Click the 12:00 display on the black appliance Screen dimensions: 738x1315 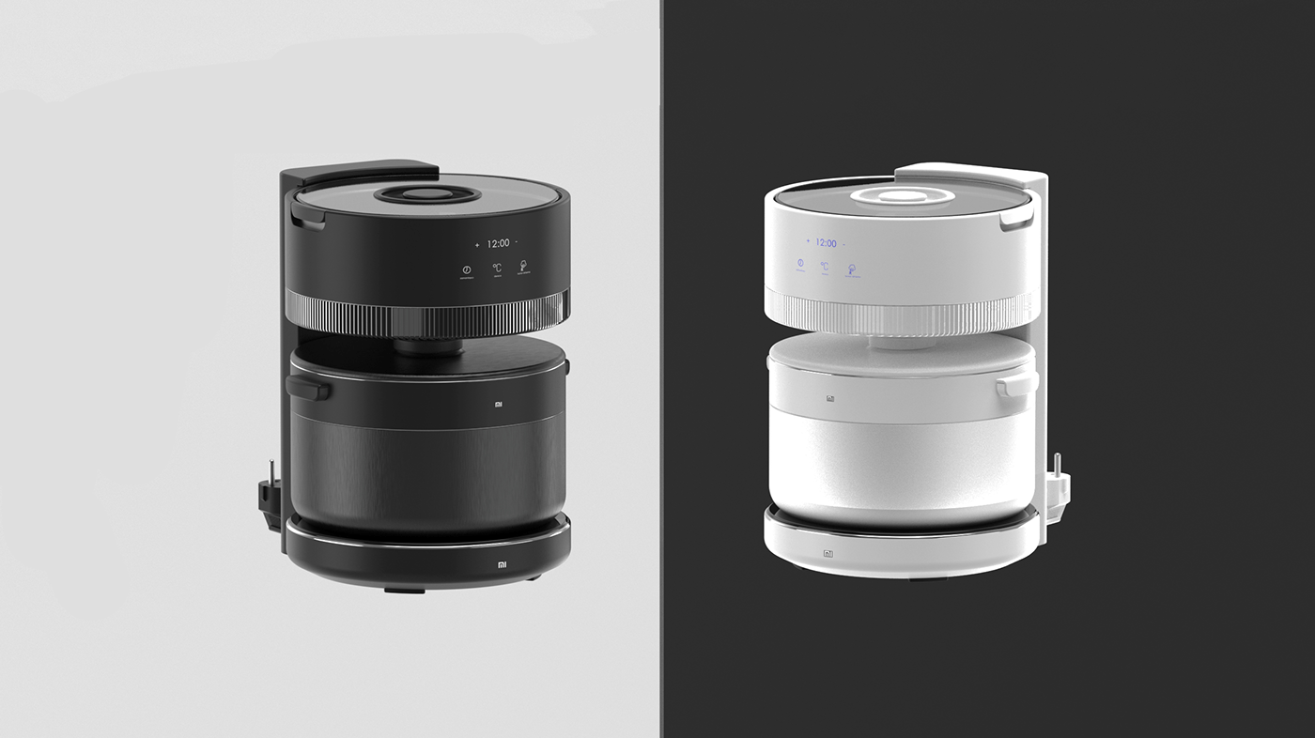[x=498, y=243]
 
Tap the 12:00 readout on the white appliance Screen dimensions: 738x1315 [x=826, y=243]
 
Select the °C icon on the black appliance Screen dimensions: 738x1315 [x=497, y=268]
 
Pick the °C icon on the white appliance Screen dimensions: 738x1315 [x=825, y=267]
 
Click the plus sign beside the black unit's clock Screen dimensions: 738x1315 [x=477, y=244]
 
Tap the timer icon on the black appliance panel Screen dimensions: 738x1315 [x=466, y=270]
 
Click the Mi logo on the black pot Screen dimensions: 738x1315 [x=500, y=405]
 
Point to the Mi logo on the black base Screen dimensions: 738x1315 [x=503, y=566]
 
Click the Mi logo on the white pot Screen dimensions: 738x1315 [x=830, y=399]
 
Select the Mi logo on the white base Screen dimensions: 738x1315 [x=828, y=554]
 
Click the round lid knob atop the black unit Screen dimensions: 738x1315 [x=427, y=195]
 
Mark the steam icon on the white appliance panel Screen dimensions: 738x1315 [x=852, y=269]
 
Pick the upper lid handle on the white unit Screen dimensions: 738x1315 [x=1015, y=220]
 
